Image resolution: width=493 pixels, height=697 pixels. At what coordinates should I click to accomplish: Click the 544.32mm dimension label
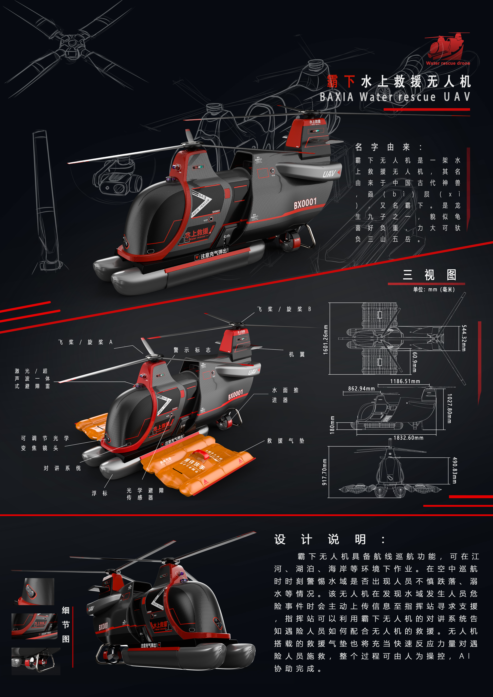pos(463,338)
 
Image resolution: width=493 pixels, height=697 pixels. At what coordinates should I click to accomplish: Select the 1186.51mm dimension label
pos(405,381)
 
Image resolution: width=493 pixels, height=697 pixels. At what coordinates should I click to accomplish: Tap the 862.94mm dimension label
pos(361,389)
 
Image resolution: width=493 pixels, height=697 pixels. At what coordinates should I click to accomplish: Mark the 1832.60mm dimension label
pos(408,438)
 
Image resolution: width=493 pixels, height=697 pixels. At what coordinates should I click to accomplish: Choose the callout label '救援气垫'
pos(285,441)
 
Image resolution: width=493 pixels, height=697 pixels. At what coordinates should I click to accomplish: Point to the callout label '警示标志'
pos(192,350)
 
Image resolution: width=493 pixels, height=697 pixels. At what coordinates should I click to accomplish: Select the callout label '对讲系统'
pos(62,468)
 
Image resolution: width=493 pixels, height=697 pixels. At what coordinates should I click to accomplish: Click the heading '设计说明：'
pos(329,540)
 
